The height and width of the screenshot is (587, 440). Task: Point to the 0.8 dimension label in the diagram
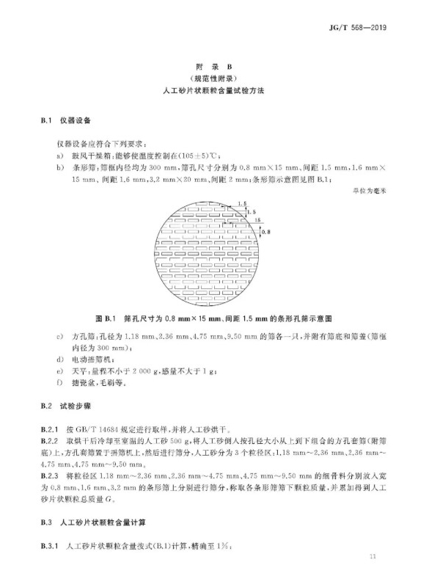click(x=265, y=231)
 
